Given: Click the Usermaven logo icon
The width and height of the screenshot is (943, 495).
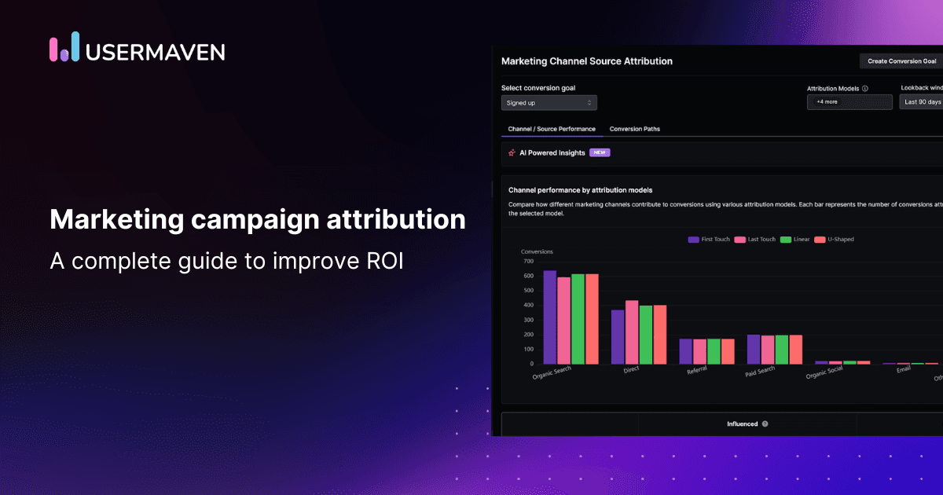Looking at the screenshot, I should point(64,47).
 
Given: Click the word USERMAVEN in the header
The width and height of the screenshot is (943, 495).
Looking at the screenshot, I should point(156,52).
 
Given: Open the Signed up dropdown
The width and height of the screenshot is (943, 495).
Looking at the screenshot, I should point(549,103).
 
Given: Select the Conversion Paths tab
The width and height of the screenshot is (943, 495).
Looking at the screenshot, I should point(635,129).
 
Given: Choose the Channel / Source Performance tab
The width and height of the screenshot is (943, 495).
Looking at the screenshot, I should point(552,129).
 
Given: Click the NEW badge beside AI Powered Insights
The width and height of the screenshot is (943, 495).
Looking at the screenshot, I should point(600,152).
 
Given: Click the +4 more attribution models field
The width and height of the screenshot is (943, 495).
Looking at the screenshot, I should point(849,102).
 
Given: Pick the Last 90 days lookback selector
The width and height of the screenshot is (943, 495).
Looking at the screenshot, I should point(922,102).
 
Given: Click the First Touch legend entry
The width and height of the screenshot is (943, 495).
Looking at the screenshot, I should point(710,239).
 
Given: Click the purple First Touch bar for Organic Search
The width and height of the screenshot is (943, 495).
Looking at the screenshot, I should point(550,317).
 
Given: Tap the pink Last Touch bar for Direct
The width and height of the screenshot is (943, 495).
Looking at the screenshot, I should point(632,332).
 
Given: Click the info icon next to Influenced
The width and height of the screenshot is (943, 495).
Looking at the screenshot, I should point(765,424).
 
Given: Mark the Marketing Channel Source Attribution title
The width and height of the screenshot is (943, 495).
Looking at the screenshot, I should point(586,60).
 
